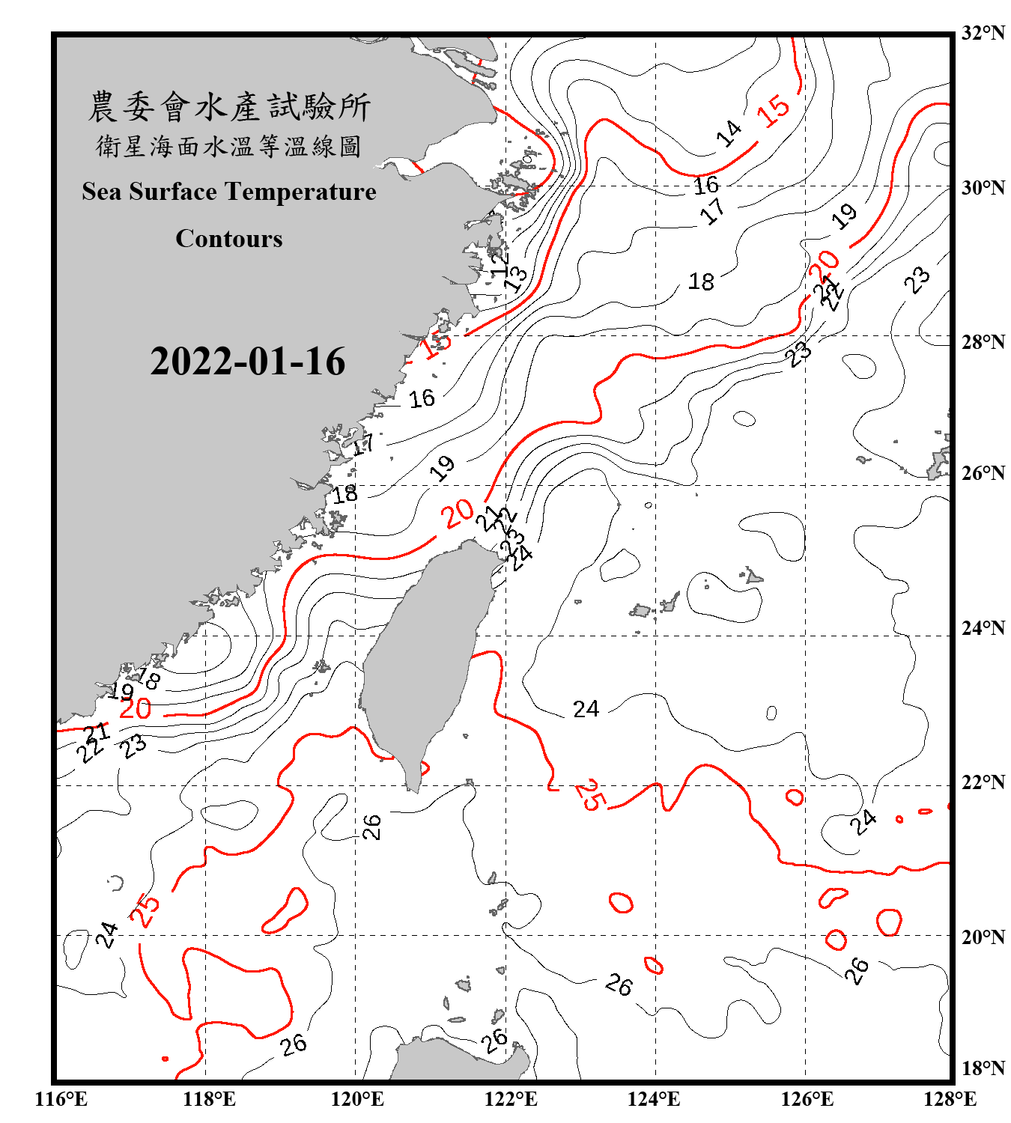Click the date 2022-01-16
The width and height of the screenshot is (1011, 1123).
(x=247, y=362)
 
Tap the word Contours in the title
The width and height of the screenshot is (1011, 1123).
(x=229, y=239)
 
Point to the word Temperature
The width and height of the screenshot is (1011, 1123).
(x=301, y=192)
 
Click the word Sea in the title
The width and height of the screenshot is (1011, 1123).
(x=101, y=192)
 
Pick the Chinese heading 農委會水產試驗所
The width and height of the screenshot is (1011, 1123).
(x=229, y=107)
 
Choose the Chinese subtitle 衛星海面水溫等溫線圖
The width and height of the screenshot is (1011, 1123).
(x=229, y=146)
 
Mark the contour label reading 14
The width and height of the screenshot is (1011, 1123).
(x=728, y=133)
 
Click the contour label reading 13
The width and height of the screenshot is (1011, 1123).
(x=515, y=279)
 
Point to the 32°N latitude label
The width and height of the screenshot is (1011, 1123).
(x=983, y=33)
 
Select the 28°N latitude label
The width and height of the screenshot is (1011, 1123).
(x=983, y=342)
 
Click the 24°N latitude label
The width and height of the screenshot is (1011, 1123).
(x=983, y=628)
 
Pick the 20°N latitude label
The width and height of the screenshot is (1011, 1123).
(x=983, y=937)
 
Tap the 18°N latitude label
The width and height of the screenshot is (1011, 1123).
(x=983, y=1068)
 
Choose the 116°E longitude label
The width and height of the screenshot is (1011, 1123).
(x=61, y=1099)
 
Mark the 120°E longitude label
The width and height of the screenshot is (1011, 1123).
(x=357, y=1099)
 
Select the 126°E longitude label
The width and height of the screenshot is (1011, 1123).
(x=807, y=1099)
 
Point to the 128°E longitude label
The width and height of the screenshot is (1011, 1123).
(x=950, y=1099)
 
